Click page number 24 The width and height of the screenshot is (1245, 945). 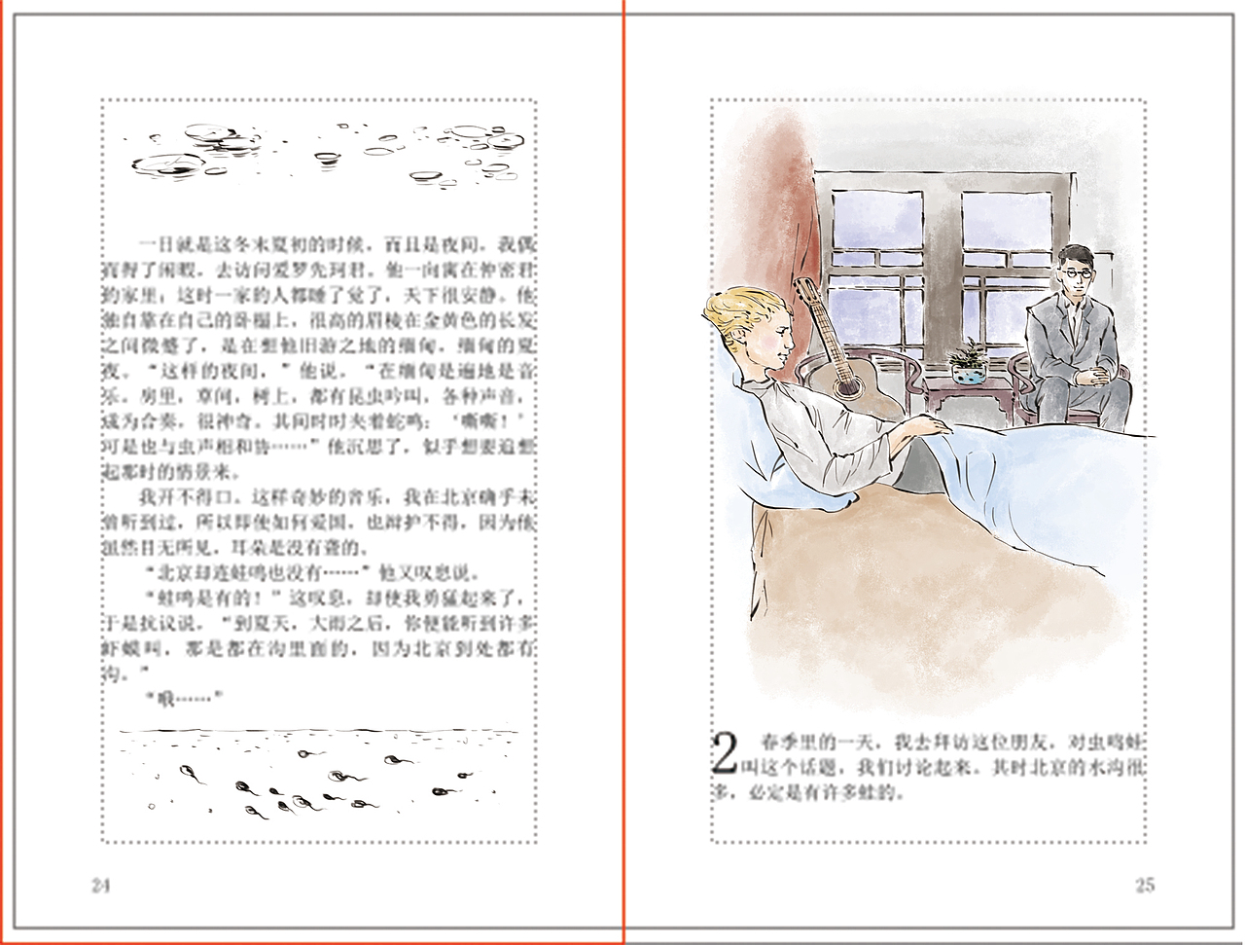click(101, 885)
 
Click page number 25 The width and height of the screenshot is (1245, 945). click(1144, 885)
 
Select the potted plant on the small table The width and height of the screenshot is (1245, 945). click(968, 360)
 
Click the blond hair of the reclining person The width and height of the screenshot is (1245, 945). click(744, 311)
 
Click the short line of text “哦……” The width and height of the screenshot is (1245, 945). click(184, 698)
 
